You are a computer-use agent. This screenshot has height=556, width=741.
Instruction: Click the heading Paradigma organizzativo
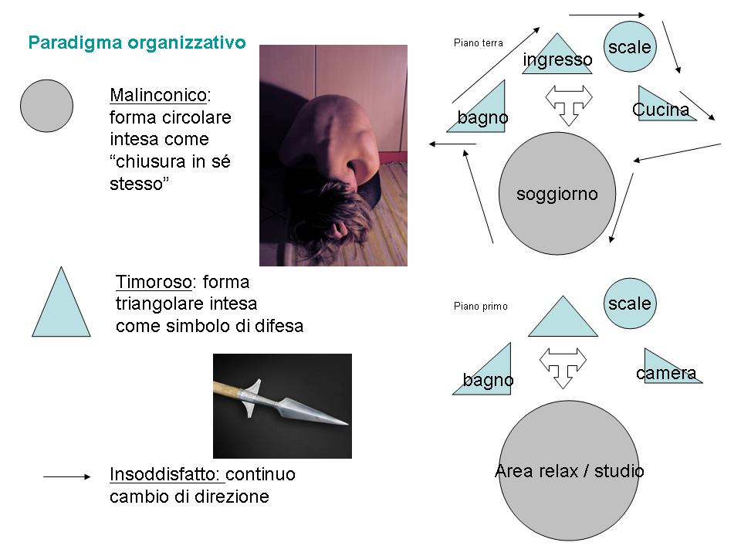[x=137, y=42]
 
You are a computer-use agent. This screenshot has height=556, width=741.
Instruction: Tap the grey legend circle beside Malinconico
[x=46, y=106]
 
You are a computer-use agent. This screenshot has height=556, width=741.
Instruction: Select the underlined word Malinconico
[x=158, y=95]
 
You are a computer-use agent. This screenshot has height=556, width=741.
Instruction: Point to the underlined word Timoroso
[x=153, y=282]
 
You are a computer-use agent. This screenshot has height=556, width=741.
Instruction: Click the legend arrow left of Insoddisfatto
[x=67, y=477]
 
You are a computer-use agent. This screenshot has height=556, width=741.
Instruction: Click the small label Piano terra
[x=479, y=43]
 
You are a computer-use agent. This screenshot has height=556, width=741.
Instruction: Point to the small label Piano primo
[x=481, y=307]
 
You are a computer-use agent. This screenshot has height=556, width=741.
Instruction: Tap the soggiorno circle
[x=557, y=193]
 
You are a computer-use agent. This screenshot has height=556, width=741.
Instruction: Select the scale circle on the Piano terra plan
[x=629, y=47]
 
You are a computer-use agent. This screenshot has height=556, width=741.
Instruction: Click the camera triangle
[x=668, y=369]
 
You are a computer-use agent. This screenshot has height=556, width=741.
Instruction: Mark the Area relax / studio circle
[x=569, y=470]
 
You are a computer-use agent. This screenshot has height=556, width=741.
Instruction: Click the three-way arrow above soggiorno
[x=569, y=103]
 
